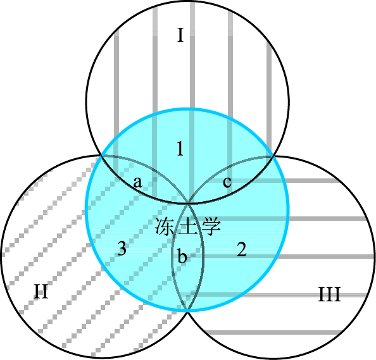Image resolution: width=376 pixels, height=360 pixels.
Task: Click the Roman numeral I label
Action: point(180,35)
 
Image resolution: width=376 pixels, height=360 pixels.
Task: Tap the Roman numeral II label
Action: point(41,291)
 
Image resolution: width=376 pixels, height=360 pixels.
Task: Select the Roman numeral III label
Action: point(330,294)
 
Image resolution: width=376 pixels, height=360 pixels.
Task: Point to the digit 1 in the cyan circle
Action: point(180,148)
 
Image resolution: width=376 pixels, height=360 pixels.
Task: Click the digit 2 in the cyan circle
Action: point(241,249)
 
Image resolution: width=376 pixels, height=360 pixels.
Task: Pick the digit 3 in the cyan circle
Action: point(122,248)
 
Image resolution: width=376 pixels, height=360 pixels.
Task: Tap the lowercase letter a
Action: point(138,182)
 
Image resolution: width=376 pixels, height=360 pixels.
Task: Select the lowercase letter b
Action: point(182,256)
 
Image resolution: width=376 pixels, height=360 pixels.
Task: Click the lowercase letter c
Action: point(227,182)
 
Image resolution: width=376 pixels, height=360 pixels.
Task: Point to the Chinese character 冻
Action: point(165,227)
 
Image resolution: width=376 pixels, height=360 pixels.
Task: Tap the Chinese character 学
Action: point(211,227)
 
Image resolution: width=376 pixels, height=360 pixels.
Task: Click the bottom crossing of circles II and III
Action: point(188,311)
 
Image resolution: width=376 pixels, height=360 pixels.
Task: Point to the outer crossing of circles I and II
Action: point(101,156)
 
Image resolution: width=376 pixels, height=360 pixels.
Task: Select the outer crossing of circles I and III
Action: point(272,156)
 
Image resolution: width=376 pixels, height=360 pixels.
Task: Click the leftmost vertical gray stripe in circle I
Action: point(116,104)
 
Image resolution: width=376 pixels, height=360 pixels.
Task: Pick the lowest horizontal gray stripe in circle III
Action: point(274,332)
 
